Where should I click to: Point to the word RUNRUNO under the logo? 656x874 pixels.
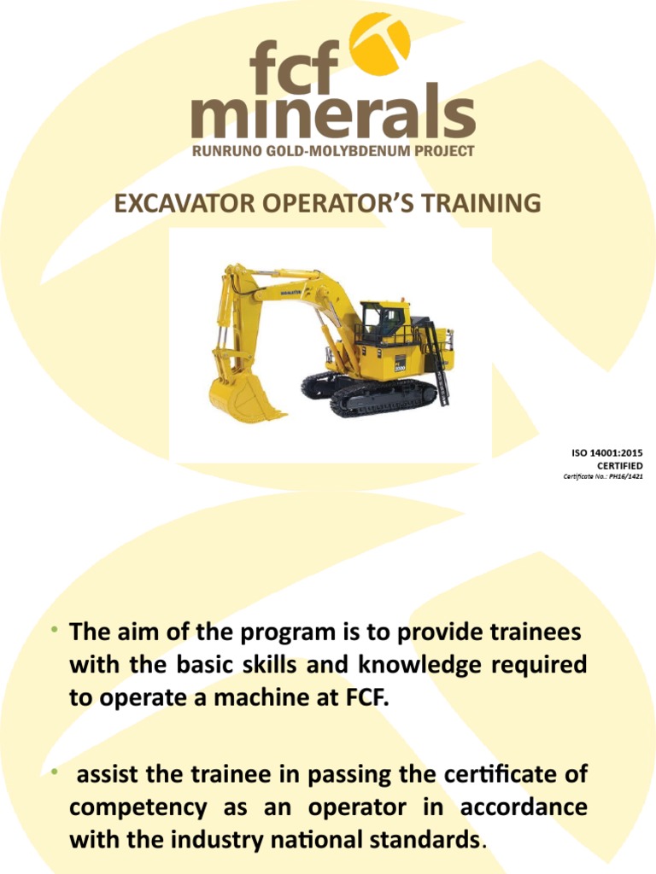pyautogui.click(x=225, y=152)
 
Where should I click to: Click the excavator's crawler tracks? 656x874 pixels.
pyautogui.click(x=376, y=394)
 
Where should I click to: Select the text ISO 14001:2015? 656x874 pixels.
pyautogui.click(x=606, y=452)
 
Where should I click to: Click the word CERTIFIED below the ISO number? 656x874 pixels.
pyautogui.click(x=619, y=465)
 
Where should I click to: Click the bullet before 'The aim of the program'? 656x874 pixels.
pyautogui.click(x=53, y=632)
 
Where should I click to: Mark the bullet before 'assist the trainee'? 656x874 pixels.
pyautogui.click(x=53, y=772)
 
